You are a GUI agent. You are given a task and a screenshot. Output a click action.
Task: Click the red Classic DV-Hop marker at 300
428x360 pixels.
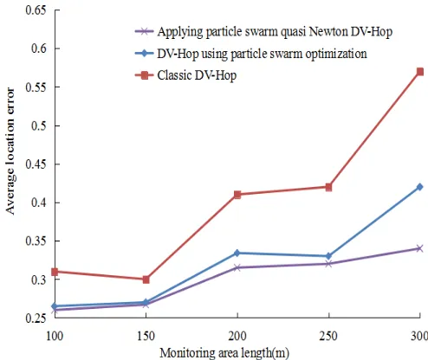pos(420,72)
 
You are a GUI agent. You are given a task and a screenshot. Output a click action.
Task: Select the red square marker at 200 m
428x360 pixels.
pos(237,195)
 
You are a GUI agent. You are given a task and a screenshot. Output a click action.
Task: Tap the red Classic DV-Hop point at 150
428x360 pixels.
pos(146,280)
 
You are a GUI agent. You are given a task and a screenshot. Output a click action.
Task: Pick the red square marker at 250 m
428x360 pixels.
pos(328,187)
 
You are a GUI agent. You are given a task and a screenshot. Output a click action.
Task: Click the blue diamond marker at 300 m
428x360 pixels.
pos(420,187)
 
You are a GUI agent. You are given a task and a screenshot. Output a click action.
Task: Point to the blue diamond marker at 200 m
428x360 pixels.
pos(237,253)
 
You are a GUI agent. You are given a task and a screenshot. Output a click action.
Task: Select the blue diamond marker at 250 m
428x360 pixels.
pos(328,256)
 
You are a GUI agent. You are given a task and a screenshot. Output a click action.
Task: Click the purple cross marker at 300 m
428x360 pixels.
pos(420,248)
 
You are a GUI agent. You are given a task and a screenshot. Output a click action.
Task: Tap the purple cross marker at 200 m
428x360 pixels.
pos(237,267)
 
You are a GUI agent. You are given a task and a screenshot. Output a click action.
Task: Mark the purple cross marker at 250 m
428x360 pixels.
pos(328,264)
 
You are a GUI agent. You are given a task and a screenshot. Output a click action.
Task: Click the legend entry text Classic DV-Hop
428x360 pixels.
pos(197,75)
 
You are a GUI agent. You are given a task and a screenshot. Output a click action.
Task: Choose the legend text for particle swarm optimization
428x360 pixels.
pos(263,54)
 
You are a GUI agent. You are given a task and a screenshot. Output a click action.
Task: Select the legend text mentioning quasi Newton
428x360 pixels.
pos(275,32)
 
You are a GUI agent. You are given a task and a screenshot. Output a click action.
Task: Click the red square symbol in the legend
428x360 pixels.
pos(145,75)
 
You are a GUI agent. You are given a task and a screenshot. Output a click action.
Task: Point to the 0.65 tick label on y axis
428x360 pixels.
pos(36,10)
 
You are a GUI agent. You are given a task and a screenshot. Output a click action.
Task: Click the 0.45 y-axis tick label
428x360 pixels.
pos(36,164)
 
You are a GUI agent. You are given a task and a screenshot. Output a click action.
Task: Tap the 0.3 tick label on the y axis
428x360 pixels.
pos(39,280)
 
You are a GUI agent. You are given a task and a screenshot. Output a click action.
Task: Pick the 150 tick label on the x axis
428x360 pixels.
pos(146,336)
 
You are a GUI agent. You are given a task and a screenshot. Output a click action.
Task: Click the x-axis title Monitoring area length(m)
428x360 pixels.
pos(224,353)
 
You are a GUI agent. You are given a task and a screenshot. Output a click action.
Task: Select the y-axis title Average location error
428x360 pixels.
pos(10,151)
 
